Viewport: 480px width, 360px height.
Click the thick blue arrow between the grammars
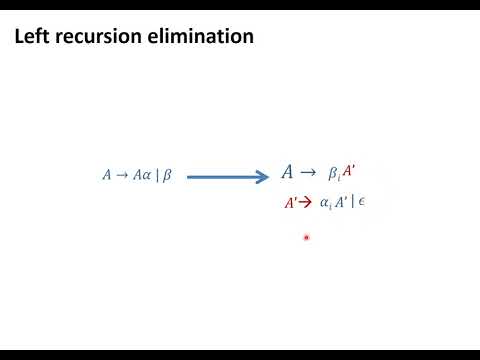click(228, 177)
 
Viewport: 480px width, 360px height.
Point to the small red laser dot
click(306, 238)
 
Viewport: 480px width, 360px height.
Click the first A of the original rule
click(107, 175)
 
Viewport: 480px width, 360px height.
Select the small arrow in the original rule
click(123, 175)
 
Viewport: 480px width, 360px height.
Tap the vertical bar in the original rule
click(157, 175)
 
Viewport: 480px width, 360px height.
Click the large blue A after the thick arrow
click(288, 173)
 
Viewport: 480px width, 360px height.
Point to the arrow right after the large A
click(308, 173)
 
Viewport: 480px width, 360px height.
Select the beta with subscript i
click(335, 174)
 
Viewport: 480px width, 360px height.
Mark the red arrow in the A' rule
click(306, 202)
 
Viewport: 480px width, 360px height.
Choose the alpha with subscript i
click(325, 203)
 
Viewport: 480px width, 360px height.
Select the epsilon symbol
click(362, 202)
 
